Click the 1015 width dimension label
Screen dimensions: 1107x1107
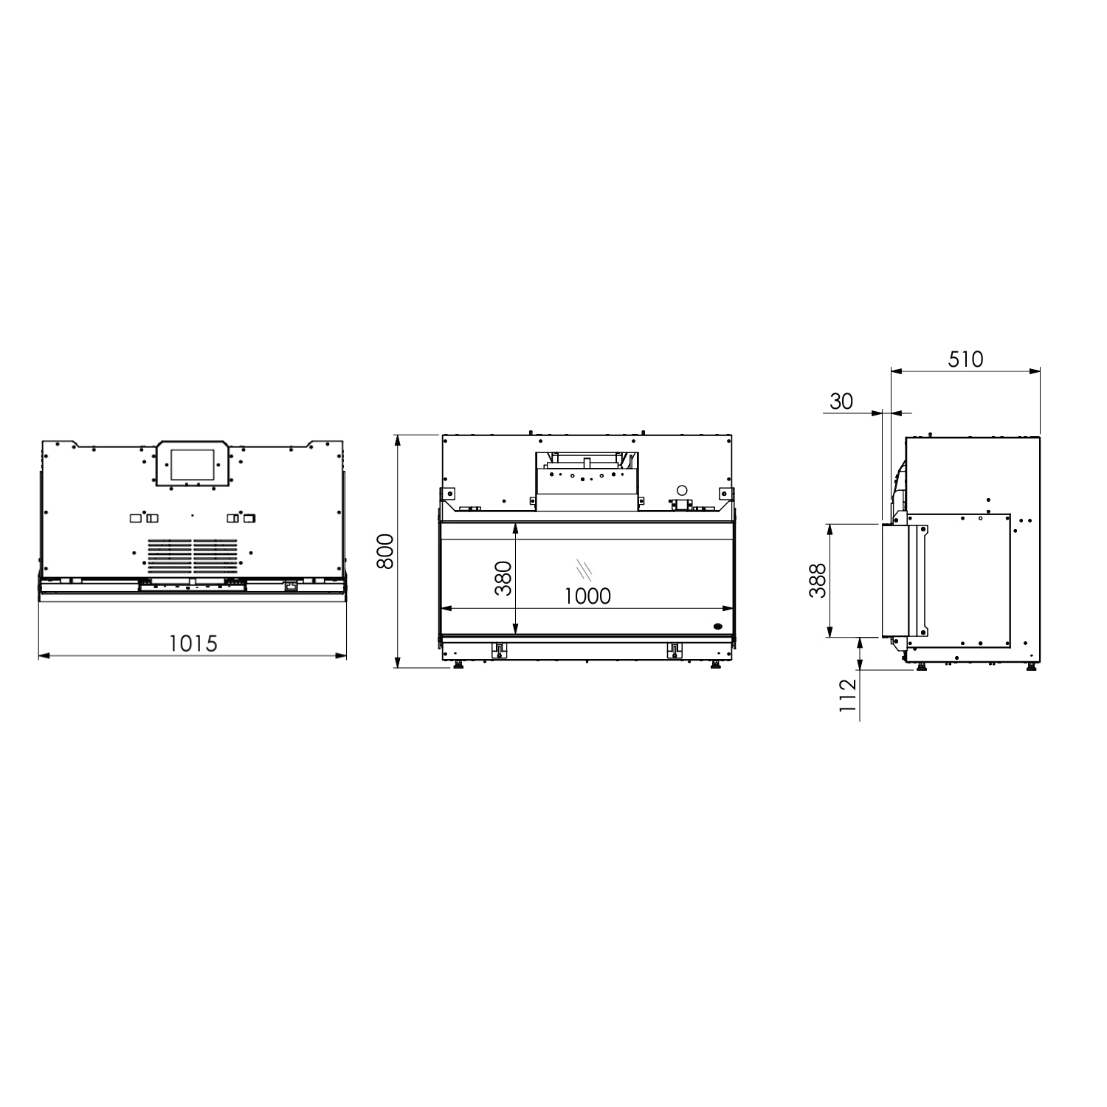point(193,644)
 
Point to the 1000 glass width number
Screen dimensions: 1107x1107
point(588,596)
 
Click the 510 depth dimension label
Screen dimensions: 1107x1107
point(965,359)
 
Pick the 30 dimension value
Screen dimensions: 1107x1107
point(841,401)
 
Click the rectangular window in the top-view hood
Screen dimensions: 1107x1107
point(193,466)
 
